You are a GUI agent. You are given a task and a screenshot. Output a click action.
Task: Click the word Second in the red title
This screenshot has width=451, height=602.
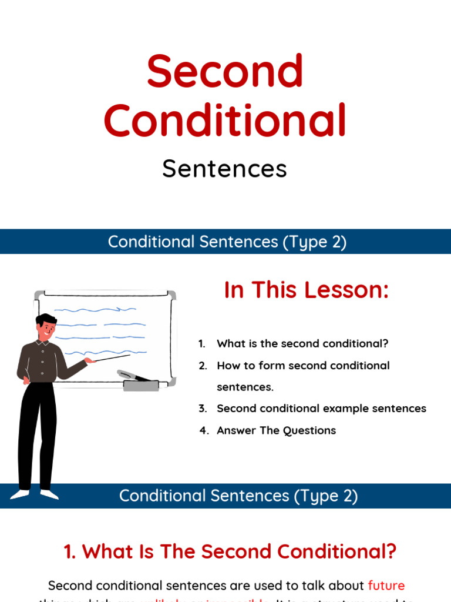pyautogui.click(x=225, y=72)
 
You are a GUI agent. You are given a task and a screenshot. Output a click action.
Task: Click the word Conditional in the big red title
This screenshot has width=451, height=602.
pyautogui.click(x=225, y=121)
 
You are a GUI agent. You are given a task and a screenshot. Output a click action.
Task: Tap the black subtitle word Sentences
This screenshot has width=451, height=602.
pyautogui.click(x=225, y=169)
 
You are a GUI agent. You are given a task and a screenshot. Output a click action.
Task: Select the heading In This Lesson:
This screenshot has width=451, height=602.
pyautogui.click(x=307, y=290)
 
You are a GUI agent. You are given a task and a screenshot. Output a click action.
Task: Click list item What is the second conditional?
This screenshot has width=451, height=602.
pyautogui.click(x=302, y=344)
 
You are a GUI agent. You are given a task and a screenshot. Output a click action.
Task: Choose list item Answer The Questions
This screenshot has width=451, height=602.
pyautogui.click(x=276, y=430)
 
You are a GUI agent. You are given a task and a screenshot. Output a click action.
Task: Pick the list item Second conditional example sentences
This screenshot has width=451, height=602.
pyautogui.click(x=321, y=409)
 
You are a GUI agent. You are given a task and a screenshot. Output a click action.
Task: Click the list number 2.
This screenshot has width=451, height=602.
pyautogui.click(x=203, y=366)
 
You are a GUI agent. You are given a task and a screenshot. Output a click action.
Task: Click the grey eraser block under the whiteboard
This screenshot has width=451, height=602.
pyautogui.click(x=141, y=386)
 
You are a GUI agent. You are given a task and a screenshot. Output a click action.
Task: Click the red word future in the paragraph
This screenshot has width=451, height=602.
pyautogui.click(x=386, y=586)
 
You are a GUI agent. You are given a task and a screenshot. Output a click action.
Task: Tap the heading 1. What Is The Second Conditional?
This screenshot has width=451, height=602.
pyautogui.click(x=230, y=552)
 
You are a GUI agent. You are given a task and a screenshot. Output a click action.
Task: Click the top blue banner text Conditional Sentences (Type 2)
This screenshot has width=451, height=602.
pyautogui.click(x=227, y=242)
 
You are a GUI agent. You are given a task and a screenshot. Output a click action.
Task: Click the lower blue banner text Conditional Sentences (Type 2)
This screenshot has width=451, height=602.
pyautogui.click(x=238, y=496)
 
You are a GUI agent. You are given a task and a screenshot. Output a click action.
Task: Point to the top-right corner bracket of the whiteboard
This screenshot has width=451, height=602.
pyautogui.click(x=171, y=295)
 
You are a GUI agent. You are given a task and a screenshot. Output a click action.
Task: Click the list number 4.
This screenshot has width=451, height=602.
pyautogui.click(x=204, y=430)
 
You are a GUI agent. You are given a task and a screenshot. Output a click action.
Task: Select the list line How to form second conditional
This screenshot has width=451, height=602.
pyautogui.click(x=303, y=366)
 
